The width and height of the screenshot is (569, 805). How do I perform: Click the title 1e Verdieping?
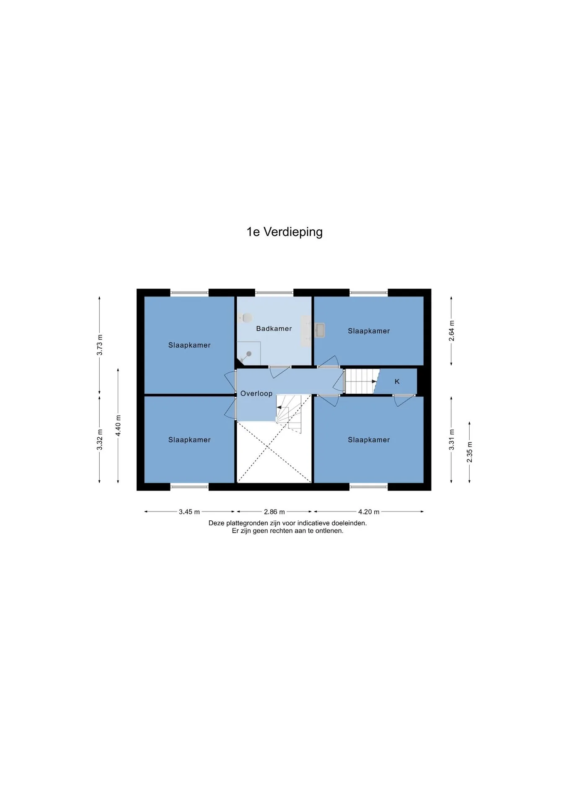[x=284, y=232]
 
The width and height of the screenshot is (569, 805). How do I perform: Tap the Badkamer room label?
[x=274, y=328]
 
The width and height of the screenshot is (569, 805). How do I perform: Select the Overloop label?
[x=256, y=394]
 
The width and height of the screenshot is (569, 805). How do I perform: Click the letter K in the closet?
[x=397, y=382]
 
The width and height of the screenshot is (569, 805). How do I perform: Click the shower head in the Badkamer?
[x=249, y=354]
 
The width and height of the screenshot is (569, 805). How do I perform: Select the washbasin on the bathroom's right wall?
[x=320, y=330]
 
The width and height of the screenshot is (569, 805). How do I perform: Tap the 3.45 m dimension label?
[x=189, y=512]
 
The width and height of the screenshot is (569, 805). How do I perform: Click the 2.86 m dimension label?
[x=274, y=512]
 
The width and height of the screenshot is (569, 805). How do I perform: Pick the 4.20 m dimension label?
[x=369, y=512]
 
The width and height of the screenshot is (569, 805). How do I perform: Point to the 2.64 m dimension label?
[x=452, y=331]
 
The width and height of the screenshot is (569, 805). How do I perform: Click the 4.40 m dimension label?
[x=119, y=426]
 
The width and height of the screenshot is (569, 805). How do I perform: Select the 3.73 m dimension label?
[x=100, y=345]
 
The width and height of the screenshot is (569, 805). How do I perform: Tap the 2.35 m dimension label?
[x=470, y=452]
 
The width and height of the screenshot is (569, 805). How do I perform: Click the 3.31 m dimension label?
[x=452, y=440]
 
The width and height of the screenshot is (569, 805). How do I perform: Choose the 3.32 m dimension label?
[x=100, y=440]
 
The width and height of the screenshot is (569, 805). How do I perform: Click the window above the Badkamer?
[x=274, y=293]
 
